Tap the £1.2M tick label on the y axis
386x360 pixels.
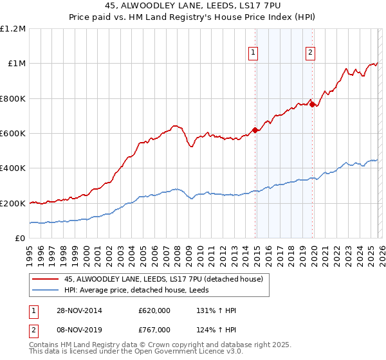[13, 29]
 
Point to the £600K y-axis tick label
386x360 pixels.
[13, 134]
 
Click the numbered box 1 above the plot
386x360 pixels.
[253, 53]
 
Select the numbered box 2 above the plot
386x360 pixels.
[310, 53]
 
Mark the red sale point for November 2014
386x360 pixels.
[255, 130]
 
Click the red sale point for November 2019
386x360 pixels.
[312, 104]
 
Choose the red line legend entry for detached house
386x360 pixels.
[163, 280]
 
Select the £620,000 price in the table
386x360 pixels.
[154, 310]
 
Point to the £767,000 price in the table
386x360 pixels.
[154, 329]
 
